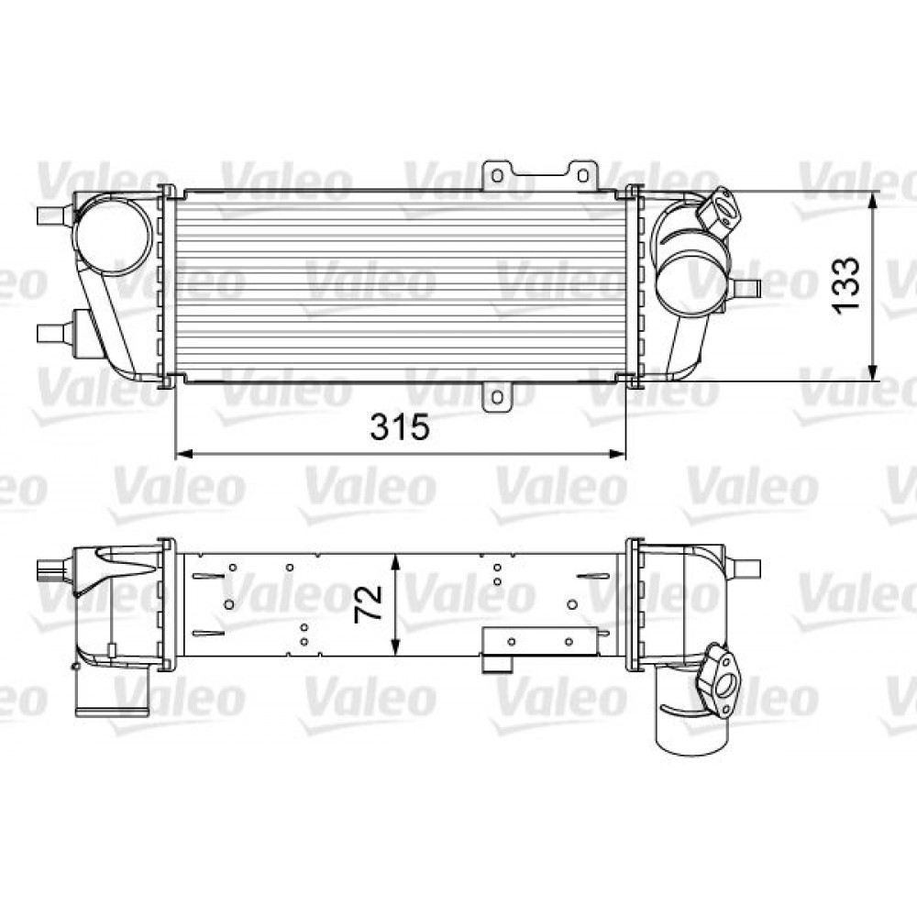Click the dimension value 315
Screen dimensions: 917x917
click(400, 426)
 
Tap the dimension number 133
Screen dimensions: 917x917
click(848, 284)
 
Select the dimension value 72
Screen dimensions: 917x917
click(370, 604)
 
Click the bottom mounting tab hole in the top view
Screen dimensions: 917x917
click(497, 397)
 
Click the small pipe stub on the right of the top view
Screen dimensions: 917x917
click(746, 289)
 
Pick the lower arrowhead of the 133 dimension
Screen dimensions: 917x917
click(871, 371)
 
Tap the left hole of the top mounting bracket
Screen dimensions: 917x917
click(496, 174)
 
